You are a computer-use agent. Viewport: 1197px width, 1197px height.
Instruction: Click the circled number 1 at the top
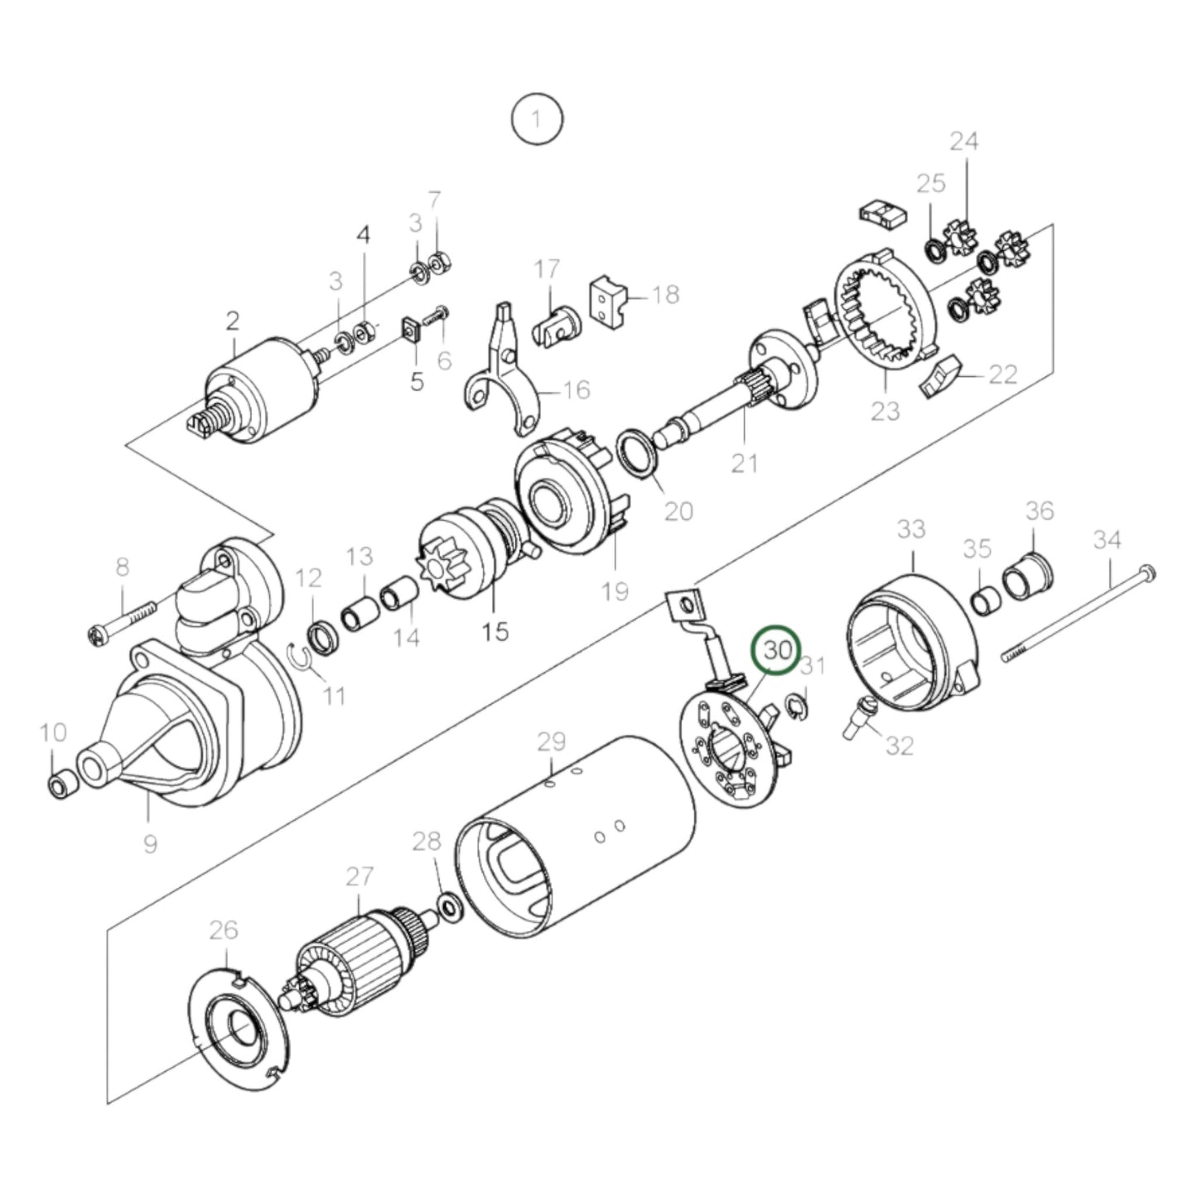pos(537,119)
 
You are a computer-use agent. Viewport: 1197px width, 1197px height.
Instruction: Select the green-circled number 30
pos(777,649)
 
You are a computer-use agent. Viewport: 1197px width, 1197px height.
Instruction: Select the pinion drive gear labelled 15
pos(464,547)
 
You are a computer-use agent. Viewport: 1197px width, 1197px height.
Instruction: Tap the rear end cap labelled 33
pos(911,638)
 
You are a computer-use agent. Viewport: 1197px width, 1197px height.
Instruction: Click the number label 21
pos(744,462)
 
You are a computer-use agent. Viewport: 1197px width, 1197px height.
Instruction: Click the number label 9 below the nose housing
pos(150,843)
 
